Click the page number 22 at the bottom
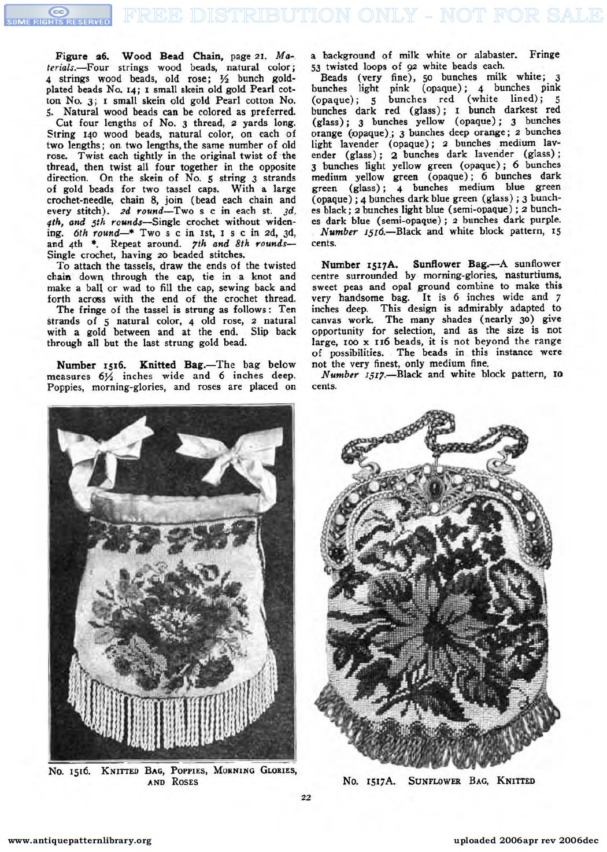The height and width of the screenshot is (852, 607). (x=306, y=798)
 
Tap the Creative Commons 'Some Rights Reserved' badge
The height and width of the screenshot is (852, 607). (x=58, y=16)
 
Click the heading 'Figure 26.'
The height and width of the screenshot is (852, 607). (x=82, y=56)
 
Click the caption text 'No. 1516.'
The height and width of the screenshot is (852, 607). (x=69, y=771)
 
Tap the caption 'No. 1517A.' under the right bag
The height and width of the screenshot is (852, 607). (x=369, y=781)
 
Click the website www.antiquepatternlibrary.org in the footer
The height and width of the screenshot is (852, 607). (x=80, y=840)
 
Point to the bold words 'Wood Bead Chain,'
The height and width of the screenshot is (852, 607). (x=172, y=56)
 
